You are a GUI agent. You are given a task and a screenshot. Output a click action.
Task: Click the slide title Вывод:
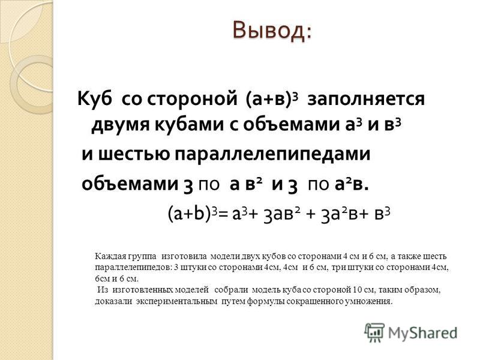point(272,30)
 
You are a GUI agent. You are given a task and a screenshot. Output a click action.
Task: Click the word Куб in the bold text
point(94,99)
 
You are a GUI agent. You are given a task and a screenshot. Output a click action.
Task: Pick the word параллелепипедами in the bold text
point(272,155)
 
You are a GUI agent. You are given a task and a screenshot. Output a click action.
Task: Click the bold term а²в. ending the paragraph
point(352,185)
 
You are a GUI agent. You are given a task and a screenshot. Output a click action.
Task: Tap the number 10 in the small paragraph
point(357,290)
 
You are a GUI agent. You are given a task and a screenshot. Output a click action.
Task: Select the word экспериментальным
point(177,302)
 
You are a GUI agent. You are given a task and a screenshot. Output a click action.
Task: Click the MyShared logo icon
point(374,332)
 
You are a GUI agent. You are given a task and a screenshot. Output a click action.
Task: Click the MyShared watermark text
point(422,333)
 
